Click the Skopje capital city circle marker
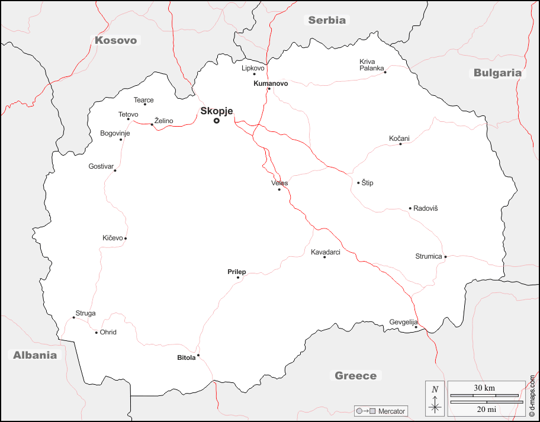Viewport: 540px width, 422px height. (217, 121)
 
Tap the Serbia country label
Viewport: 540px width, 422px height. (326, 20)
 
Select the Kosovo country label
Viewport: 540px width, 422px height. (116, 40)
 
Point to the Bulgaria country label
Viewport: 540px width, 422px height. (497, 73)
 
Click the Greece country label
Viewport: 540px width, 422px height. (355, 376)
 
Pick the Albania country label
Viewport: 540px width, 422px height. (36, 355)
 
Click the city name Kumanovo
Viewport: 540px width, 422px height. (271, 83)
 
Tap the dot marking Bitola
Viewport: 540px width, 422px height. (198, 355)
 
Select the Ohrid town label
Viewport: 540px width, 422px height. (108, 332)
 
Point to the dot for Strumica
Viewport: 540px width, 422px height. (445, 257)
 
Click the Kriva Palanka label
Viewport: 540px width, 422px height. (372, 65)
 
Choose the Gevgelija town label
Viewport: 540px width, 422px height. (403, 322)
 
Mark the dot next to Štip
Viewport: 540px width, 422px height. (358, 183)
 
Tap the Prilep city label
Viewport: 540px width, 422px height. (236, 272)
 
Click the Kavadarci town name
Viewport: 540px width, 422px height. (326, 252)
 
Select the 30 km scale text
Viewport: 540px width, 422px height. (484, 388)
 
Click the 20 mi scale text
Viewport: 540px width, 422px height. (484, 409)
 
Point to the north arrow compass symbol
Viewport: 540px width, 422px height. (435, 398)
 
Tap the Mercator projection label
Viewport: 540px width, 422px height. (391, 411)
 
